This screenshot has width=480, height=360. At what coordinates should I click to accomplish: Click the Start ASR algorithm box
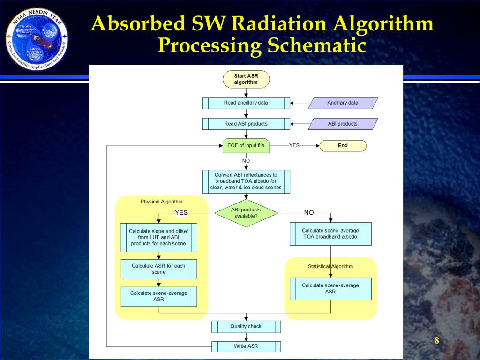click(x=246, y=79)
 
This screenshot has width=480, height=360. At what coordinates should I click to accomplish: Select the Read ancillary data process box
click(x=246, y=103)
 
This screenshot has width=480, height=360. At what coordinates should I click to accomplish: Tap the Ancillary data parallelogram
click(x=343, y=103)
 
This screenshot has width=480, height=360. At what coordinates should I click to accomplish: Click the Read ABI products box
click(x=246, y=124)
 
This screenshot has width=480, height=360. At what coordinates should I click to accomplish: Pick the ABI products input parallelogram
click(x=343, y=124)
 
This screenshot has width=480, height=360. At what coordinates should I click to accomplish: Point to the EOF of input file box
click(x=246, y=145)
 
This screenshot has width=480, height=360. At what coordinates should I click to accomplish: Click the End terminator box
click(x=343, y=145)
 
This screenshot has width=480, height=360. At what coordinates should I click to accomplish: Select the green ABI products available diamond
click(x=246, y=213)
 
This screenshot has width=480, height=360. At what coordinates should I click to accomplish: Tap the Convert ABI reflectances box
click(x=246, y=181)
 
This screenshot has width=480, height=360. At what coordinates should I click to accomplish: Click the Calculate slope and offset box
click(x=158, y=237)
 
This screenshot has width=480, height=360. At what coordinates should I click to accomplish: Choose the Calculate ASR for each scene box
click(x=158, y=269)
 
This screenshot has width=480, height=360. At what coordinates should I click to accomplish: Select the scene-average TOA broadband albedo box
click(x=330, y=233)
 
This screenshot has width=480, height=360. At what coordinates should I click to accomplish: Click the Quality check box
click(x=246, y=326)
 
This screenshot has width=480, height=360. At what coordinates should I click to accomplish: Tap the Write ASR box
click(x=246, y=346)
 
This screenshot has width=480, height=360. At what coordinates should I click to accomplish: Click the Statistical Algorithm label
click(x=330, y=266)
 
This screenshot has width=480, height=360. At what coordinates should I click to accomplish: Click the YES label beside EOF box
click(x=294, y=145)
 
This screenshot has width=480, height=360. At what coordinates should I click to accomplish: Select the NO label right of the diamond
click(x=309, y=213)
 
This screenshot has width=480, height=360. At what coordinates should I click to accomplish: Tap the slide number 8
click(x=436, y=341)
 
